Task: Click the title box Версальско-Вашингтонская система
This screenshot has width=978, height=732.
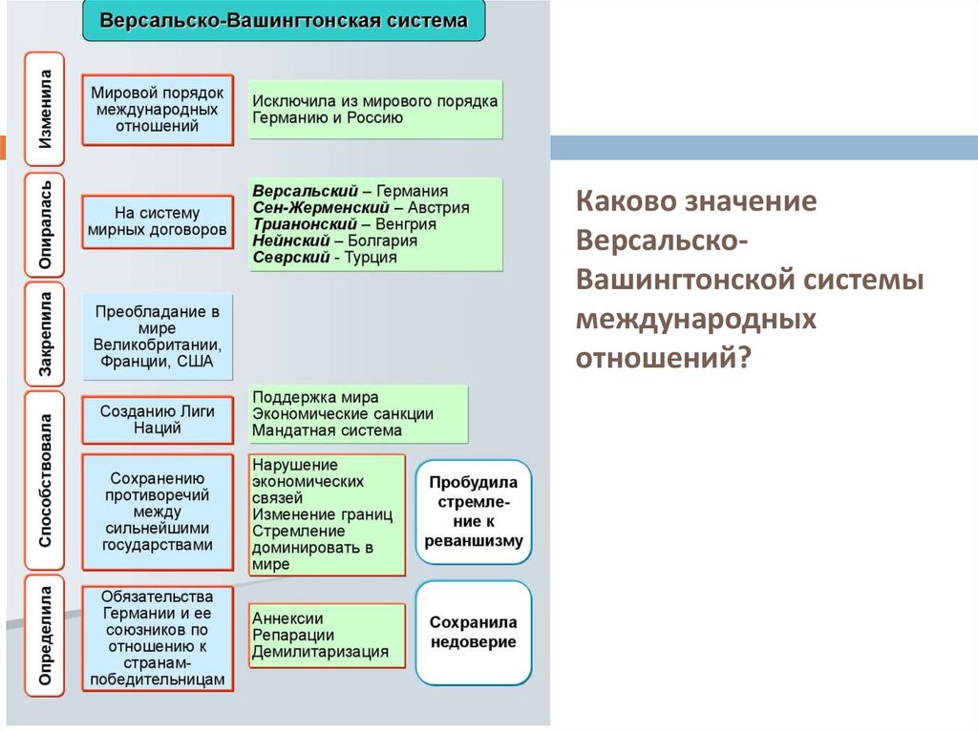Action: click(x=284, y=20)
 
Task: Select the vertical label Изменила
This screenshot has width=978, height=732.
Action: click(x=45, y=110)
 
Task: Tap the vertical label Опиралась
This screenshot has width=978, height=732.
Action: click(x=45, y=224)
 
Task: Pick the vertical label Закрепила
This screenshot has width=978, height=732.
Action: click(x=45, y=334)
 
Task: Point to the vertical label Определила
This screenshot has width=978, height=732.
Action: click(x=45, y=636)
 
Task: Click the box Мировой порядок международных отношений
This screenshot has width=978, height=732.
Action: click(x=158, y=110)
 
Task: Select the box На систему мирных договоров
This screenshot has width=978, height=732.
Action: click(x=158, y=221)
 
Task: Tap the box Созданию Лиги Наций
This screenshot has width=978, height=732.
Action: click(x=158, y=420)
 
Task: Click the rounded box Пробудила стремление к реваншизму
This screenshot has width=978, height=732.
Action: click(x=474, y=512)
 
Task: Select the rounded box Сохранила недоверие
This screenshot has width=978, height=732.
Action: click(x=474, y=632)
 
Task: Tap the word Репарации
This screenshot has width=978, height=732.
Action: click(x=293, y=636)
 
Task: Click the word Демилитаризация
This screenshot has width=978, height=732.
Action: click(x=320, y=653)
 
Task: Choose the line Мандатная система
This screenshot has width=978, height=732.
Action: click(x=327, y=431)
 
